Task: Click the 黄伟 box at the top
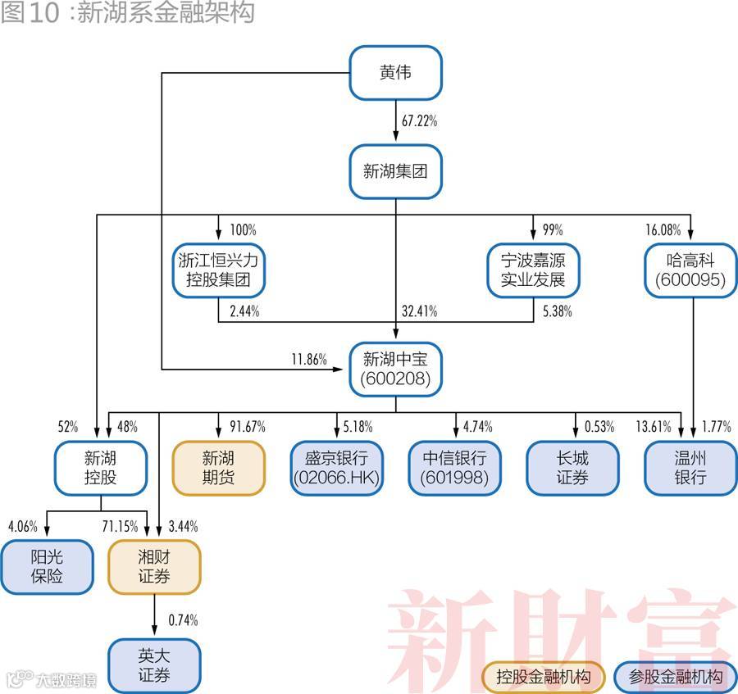396,73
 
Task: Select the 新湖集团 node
396,172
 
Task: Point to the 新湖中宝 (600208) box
396,370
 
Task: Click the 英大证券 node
154,665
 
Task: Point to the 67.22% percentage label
419,121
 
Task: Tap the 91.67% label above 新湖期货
247,427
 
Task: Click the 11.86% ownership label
308,360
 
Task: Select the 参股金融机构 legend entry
676,678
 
